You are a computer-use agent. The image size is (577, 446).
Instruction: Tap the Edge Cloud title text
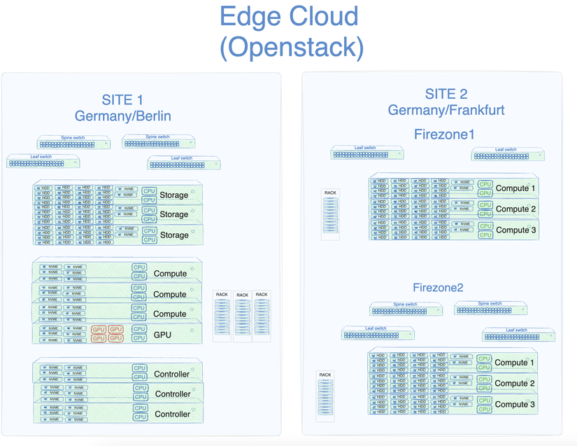289,16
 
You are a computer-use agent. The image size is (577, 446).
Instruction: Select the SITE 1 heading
123,101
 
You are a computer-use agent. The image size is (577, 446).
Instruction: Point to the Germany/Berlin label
123,116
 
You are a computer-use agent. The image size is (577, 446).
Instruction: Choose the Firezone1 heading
445,133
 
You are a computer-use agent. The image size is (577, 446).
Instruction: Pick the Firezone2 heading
438,288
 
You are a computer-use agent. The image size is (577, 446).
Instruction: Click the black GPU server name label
162,335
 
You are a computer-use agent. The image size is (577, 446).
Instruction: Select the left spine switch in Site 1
73,143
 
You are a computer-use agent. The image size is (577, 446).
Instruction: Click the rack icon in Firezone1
331,214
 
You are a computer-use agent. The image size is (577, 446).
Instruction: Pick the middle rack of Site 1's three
242,316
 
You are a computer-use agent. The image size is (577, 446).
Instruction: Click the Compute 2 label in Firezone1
515,209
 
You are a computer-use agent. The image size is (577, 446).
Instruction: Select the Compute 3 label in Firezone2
514,404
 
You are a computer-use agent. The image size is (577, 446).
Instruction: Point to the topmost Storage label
173,195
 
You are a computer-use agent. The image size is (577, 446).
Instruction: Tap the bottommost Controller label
172,414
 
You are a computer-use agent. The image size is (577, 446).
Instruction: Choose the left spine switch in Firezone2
406,309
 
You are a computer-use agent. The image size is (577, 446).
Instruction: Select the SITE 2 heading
446,95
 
